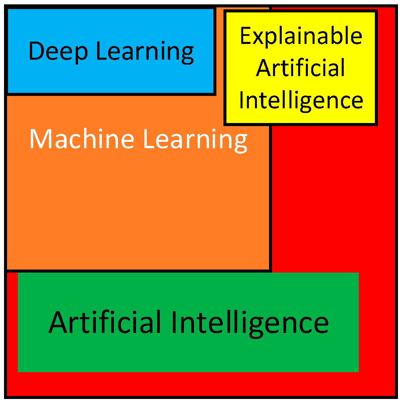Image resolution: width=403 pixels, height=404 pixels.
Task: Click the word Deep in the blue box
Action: pos(58,51)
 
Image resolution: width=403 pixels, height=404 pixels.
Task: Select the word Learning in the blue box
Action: pos(145,52)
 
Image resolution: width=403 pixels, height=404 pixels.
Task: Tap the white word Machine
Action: pos(82,139)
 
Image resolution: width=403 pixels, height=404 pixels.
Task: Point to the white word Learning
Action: pos(195,140)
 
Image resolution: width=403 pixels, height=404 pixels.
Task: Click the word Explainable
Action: pos(301,36)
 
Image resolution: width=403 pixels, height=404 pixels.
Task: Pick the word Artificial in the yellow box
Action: pos(300,68)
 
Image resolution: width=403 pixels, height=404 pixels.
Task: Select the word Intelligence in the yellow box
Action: pos(301,100)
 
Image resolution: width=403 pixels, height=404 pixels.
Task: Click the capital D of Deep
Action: pos(37,51)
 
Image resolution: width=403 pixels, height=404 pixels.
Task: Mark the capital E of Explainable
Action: pos(245,36)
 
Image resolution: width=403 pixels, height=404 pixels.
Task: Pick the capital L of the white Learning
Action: pos(148,139)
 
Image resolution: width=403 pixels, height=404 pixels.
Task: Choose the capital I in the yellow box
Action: pos(242,100)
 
